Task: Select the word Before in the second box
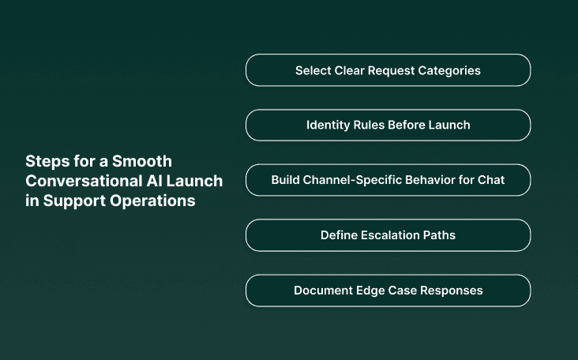coord(407,125)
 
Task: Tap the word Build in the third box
coord(286,180)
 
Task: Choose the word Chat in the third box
coord(491,180)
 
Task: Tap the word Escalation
coord(392,235)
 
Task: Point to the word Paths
coord(441,235)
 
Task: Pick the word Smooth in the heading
coord(144,161)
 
